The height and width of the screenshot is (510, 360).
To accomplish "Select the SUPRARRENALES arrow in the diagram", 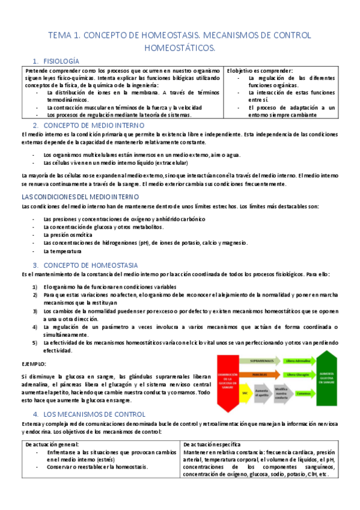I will click(x=269, y=360).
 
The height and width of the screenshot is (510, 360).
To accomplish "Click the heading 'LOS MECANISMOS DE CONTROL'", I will click(x=94, y=414).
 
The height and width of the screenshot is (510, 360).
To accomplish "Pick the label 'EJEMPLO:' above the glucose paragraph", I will click(x=34, y=364).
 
